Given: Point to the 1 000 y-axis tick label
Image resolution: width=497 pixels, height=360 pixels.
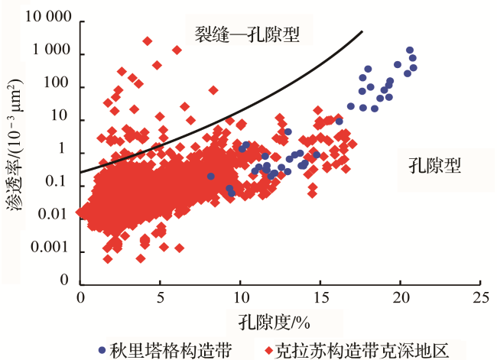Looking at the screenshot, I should pos(51,52).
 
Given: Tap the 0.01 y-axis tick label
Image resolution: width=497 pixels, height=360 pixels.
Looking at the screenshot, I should pos(57,216).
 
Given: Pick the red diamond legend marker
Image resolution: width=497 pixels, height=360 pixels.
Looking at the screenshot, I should pos(270,349).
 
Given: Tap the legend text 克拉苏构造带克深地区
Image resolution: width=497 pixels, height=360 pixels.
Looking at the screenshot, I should pos(367,349).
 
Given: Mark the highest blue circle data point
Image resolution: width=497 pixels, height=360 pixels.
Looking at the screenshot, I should pos(410,50).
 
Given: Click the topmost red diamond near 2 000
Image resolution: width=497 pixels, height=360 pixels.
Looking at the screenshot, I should pos(147,41).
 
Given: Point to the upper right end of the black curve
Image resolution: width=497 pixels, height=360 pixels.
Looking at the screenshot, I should pos(362,31).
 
